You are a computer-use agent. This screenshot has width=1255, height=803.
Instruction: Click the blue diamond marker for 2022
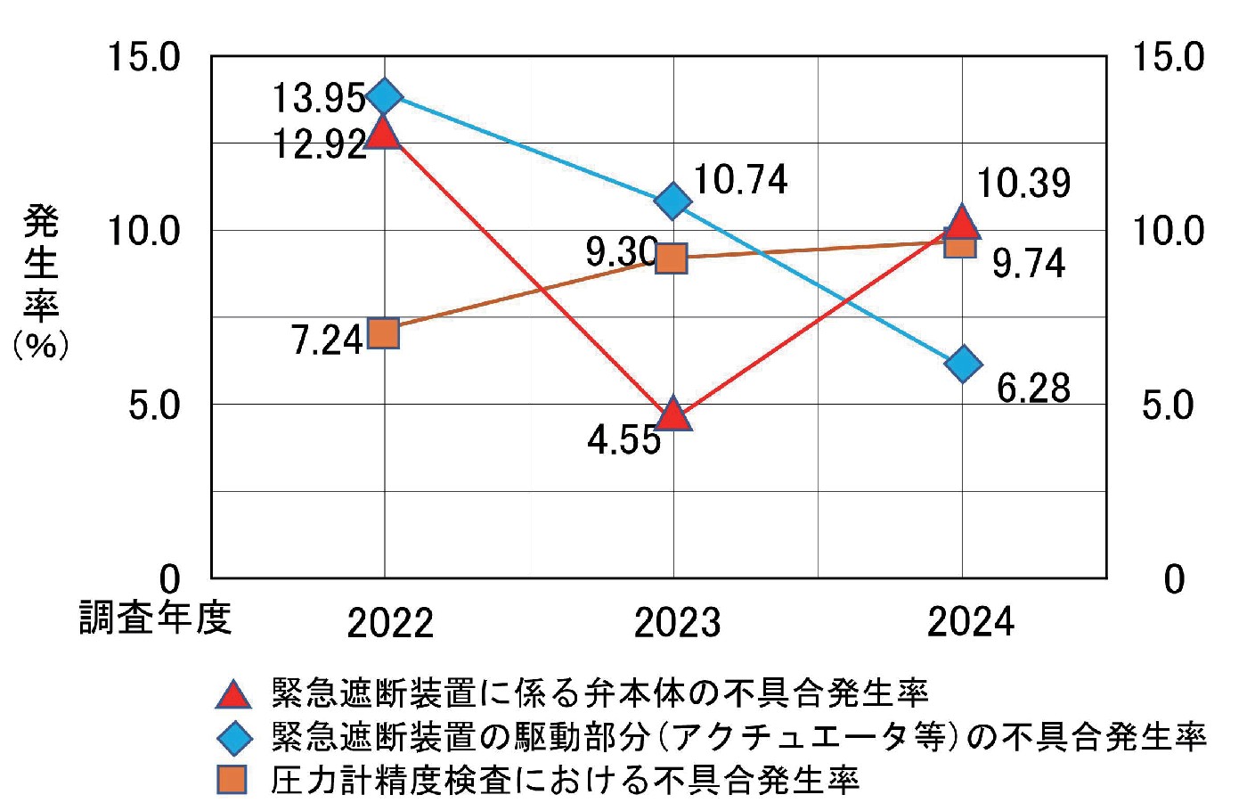click(x=385, y=95)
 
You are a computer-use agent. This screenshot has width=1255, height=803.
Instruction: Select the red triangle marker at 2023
click(x=673, y=414)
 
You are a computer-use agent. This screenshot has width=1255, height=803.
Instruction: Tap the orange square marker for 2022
click(x=384, y=333)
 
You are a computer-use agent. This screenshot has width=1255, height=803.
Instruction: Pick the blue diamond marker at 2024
click(x=963, y=364)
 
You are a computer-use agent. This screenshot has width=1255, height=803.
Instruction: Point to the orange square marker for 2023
click(x=672, y=258)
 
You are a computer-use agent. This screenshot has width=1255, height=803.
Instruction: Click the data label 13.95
click(x=318, y=97)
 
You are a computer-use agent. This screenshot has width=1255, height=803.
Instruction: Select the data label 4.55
click(x=623, y=439)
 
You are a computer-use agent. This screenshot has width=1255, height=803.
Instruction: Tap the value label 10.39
click(x=1023, y=183)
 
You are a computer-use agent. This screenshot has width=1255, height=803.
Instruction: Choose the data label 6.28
click(x=1032, y=388)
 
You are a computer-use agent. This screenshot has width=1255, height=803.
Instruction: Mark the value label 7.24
click(x=327, y=340)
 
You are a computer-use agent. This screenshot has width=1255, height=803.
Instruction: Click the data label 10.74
click(x=739, y=179)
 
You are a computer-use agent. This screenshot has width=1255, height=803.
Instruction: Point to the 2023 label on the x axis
click(x=676, y=622)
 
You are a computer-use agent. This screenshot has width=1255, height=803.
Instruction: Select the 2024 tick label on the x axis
click(x=970, y=621)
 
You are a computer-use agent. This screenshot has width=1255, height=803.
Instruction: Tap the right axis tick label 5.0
click(x=1167, y=406)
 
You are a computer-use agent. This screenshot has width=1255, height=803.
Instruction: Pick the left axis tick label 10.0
click(x=143, y=231)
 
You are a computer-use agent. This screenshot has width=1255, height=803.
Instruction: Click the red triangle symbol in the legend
click(x=233, y=693)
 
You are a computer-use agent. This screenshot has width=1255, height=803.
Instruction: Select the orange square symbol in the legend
click(x=232, y=780)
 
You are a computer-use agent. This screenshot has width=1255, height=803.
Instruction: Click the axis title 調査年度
click(x=155, y=617)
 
